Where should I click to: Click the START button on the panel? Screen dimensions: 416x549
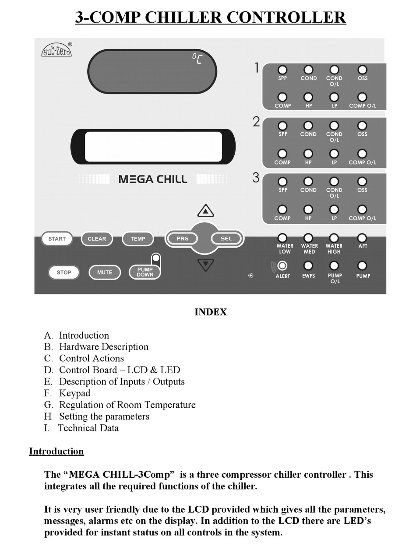[x=57, y=238]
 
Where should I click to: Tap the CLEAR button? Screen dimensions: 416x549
[x=97, y=238]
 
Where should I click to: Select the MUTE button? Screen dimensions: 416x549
[x=105, y=273]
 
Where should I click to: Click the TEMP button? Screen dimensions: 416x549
[x=138, y=238]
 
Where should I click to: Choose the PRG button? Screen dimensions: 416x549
[x=182, y=238]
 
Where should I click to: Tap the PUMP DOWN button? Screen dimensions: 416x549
[x=145, y=272]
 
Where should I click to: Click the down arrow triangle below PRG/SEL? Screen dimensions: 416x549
[x=205, y=265]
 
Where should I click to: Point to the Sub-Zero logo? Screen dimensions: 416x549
[x=57, y=49]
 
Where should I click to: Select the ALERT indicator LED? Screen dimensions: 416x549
[x=282, y=266]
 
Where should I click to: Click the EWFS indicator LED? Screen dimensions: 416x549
[x=308, y=266]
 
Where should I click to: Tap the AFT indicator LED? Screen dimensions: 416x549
[x=362, y=238]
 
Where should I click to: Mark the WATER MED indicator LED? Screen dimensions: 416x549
[x=308, y=238]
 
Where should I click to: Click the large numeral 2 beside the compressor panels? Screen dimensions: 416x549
[x=256, y=122]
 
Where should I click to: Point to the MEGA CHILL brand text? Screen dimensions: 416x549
[x=153, y=179]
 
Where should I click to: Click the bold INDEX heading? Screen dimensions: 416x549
[x=211, y=312]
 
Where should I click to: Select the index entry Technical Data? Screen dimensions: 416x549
[x=88, y=428]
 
